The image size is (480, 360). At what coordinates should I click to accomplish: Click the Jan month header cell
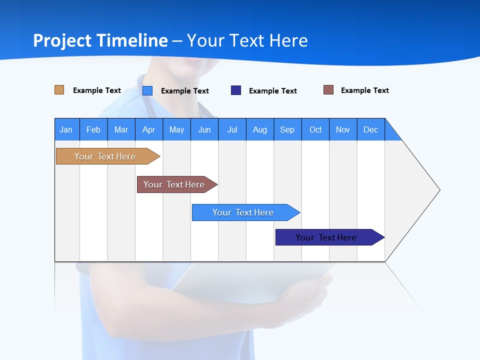point(66,129)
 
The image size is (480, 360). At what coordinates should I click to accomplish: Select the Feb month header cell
point(93,129)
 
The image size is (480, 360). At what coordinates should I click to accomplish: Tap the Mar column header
point(121,129)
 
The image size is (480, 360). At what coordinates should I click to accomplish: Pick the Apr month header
point(149,129)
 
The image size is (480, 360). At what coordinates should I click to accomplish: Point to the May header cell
point(176,129)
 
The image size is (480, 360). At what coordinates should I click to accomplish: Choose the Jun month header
point(204,129)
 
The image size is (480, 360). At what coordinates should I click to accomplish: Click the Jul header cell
point(232,129)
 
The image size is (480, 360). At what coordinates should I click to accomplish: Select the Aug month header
point(260,129)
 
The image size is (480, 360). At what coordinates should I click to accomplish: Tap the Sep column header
point(287,129)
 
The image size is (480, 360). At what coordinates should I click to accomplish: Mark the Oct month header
point(315,129)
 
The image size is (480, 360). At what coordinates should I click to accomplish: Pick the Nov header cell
point(343,129)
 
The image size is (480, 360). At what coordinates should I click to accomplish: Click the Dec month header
point(371,129)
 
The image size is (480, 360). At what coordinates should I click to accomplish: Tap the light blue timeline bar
point(243,212)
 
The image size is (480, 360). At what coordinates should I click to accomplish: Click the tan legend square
point(59,90)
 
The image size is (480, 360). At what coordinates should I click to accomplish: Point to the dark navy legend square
point(236,90)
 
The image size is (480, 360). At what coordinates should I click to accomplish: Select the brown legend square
point(328,90)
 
